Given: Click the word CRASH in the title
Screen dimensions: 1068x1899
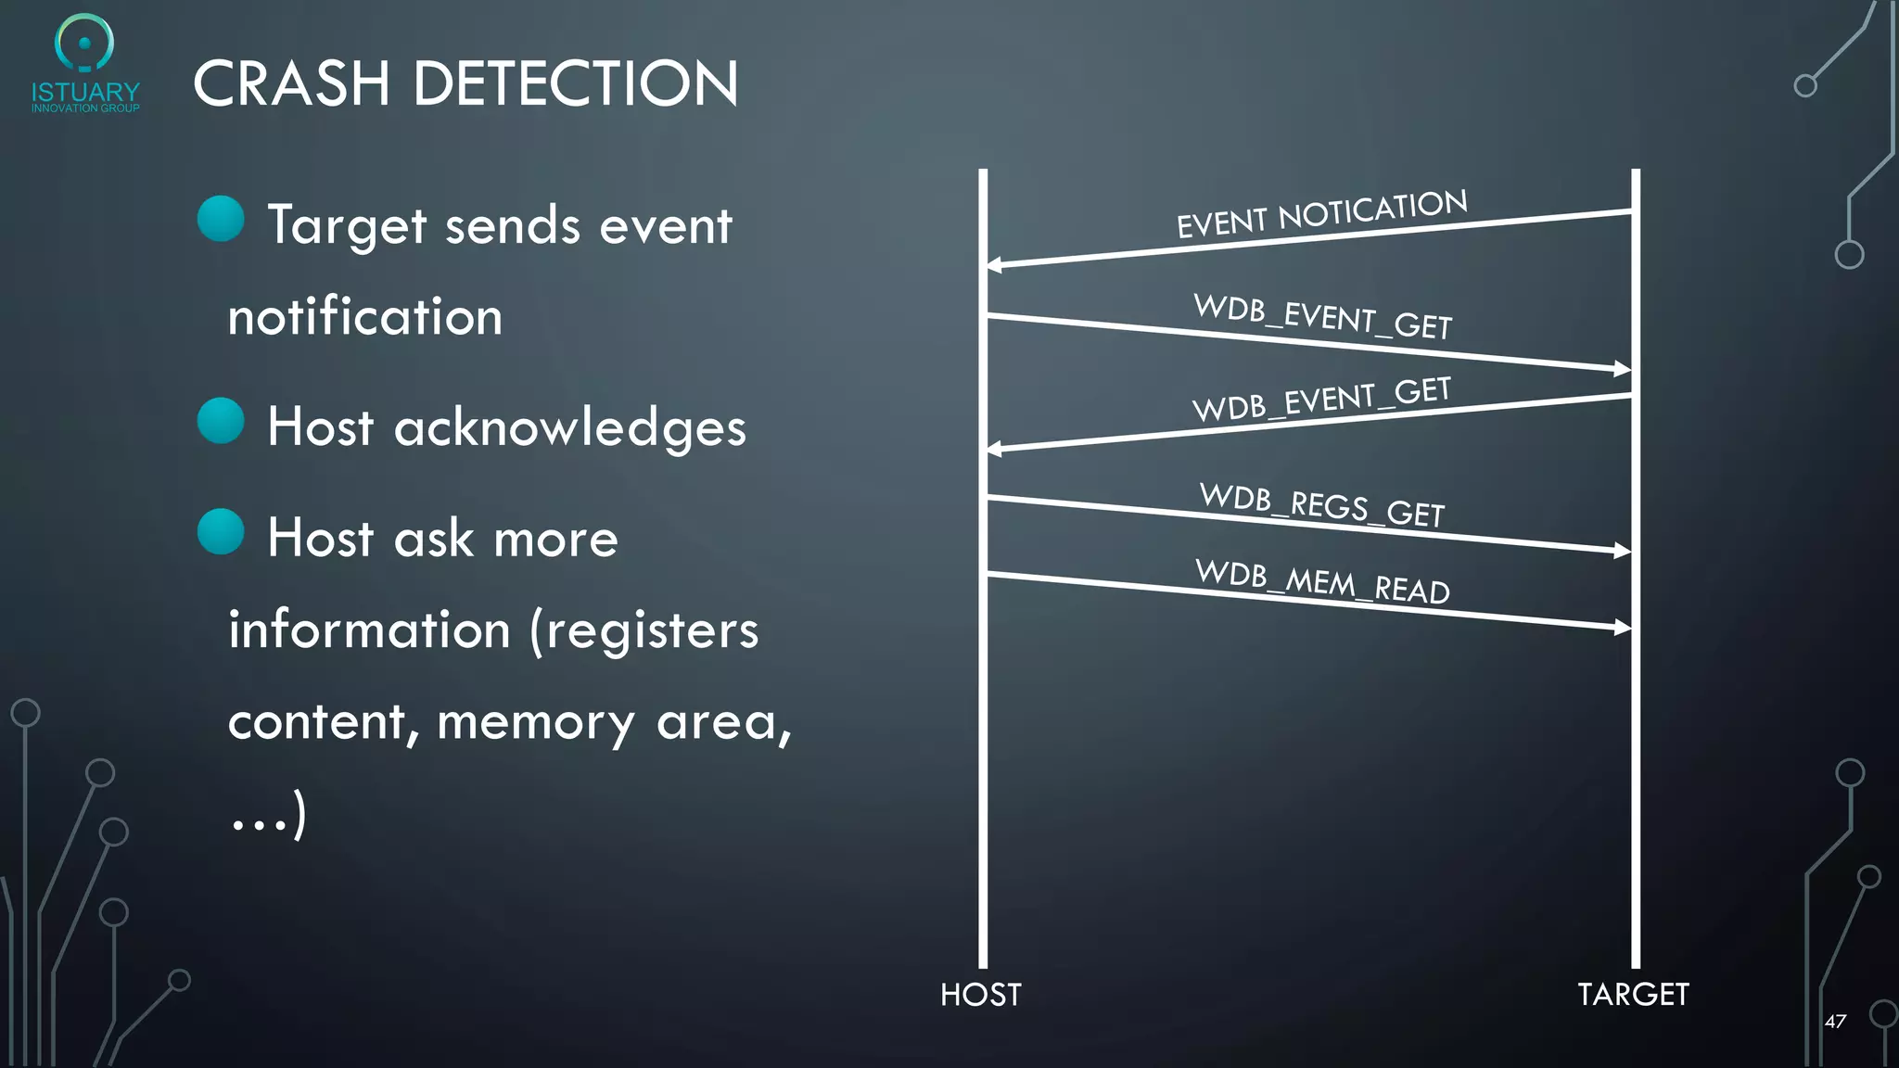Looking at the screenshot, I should click(291, 84).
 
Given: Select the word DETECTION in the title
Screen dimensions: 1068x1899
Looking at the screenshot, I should click(575, 84).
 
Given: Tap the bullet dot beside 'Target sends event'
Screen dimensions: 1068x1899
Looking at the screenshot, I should click(221, 219).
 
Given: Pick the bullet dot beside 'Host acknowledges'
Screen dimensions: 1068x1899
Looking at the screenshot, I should click(221, 421).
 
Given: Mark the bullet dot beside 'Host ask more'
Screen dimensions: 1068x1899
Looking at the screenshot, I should click(221, 531).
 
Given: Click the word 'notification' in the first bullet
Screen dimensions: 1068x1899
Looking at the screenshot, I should click(365, 317).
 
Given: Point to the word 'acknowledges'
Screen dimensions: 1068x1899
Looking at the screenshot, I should click(569, 428).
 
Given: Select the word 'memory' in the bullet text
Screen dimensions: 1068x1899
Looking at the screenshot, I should click(535, 723).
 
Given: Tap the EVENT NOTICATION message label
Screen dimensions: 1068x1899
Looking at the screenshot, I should click(1321, 213).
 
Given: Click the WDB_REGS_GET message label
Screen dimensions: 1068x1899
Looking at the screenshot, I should click(1322, 505).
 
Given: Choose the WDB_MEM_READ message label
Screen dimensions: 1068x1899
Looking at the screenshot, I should click(1322, 581).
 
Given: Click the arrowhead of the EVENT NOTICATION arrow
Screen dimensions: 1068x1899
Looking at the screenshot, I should click(993, 265).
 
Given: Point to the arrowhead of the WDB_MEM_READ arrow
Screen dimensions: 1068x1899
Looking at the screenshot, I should click(1623, 628).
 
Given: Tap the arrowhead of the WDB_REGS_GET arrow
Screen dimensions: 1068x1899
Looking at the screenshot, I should click(1623, 551).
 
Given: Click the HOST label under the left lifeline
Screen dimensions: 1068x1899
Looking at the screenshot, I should click(980, 995).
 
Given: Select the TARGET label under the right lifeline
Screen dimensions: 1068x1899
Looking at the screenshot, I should click(1633, 995).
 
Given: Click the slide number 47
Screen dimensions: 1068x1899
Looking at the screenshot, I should click(1835, 1022).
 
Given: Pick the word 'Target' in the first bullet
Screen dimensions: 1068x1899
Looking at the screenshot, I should click(348, 226).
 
